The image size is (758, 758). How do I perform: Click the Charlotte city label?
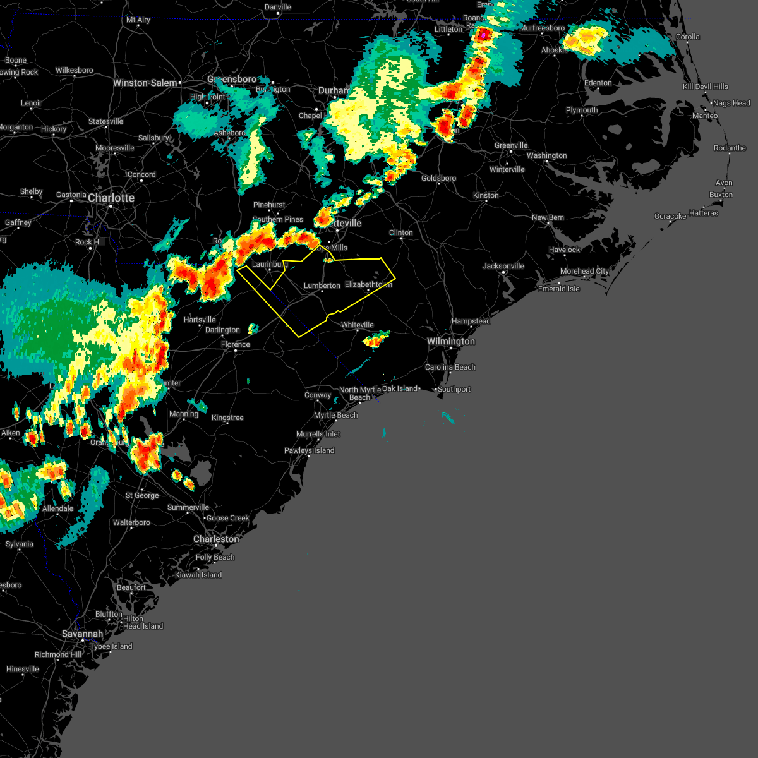[111, 198]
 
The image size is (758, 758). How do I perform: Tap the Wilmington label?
[451, 342]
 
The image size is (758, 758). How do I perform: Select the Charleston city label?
[216, 539]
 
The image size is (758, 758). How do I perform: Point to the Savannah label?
[82, 634]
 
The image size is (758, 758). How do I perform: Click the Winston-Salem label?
[145, 83]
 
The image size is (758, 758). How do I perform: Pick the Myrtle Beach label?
[336, 416]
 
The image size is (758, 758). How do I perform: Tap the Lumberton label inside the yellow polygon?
[322, 286]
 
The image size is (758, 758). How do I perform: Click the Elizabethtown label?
[368, 285]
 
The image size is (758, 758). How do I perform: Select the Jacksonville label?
[503, 266]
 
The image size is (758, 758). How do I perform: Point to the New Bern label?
[548, 218]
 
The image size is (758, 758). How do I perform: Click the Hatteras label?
[704, 214]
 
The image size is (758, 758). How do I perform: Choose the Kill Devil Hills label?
[706, 87]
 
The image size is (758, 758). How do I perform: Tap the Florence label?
[236, 345]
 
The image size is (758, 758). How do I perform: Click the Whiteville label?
[358, 325]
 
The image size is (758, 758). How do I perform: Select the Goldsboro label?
[438, 179]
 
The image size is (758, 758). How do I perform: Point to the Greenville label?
[511, 146]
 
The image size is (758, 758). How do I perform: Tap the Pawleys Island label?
[310, 451]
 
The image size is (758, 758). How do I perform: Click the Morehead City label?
[584, 272]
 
